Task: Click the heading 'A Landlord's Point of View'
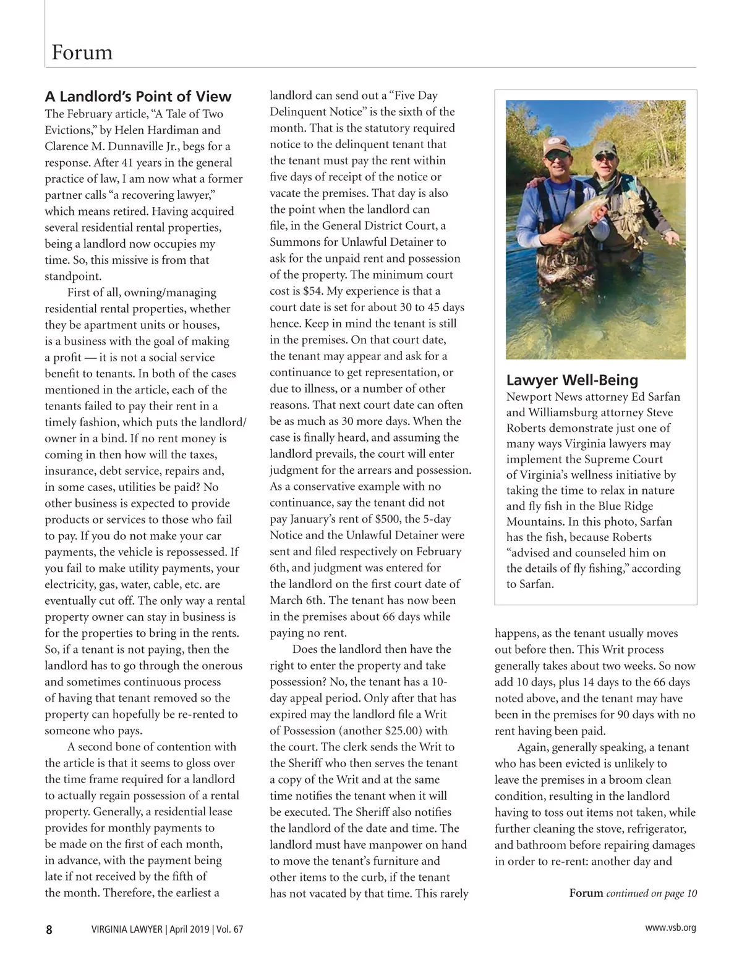138,96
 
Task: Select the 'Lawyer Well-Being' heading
572,380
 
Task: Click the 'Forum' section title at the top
82,52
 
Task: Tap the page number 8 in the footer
49,930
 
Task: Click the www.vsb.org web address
670,928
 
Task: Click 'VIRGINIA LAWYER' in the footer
127,930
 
